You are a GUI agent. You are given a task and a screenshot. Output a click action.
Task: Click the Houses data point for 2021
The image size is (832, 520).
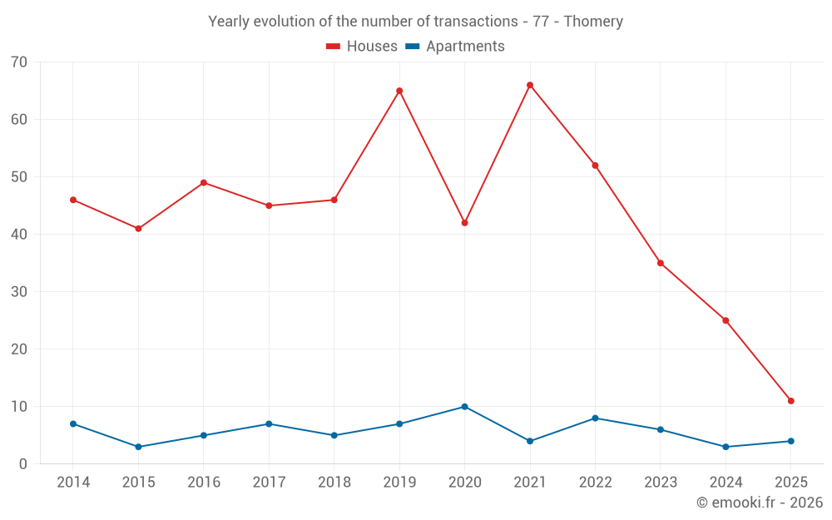tap(530, 85)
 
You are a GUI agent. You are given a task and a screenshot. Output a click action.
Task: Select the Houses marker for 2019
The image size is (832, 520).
tap(399, 91)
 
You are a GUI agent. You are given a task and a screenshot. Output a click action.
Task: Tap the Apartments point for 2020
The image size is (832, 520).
tap(464, 407)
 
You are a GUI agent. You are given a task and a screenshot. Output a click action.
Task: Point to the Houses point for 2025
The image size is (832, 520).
tap(791, 401)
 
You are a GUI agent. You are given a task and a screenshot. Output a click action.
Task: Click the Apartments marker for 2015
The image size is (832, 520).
tap(138, 447)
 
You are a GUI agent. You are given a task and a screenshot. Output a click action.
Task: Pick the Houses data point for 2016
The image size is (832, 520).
tap(204, 183)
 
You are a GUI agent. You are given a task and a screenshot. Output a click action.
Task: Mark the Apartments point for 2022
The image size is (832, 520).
tap(595, 418)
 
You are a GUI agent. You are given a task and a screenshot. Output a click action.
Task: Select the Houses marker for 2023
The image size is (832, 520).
tap(661, 263)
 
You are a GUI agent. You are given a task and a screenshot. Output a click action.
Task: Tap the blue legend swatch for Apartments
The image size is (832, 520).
tap(412, 47)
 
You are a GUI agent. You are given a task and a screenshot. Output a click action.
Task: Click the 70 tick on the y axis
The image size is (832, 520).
tap(19, 62)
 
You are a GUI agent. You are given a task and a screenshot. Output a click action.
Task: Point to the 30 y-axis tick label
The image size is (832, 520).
tap(19, 292)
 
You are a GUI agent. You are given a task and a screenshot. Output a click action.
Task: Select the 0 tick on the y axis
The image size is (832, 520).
tap(23, 464)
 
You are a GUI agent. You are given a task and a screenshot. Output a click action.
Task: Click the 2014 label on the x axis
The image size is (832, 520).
tap(73, 483)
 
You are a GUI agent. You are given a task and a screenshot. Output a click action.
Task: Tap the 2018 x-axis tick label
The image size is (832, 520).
tap(334, 483)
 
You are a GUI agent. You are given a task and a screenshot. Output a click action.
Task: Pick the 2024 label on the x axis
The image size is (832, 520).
tap(726, 483)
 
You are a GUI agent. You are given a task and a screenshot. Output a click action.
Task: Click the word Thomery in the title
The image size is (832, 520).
tap(593, 22)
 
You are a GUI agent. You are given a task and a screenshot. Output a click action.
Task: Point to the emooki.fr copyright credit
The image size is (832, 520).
tap(760, 503)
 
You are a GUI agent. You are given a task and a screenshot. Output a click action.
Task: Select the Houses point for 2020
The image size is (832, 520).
tap(464, 223)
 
